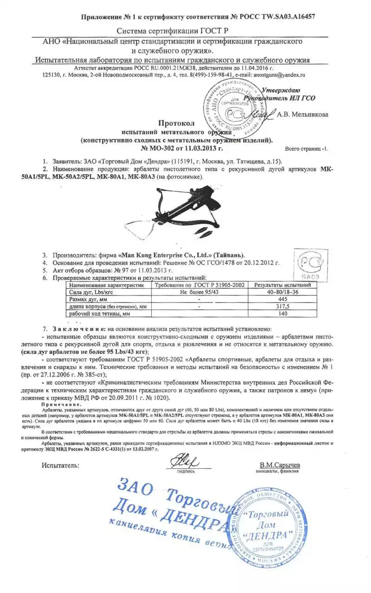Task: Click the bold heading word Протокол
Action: [174, 124]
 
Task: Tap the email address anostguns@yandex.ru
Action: [277, 74]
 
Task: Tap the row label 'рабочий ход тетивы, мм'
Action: [100, 314]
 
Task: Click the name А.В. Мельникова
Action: [303, 114]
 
